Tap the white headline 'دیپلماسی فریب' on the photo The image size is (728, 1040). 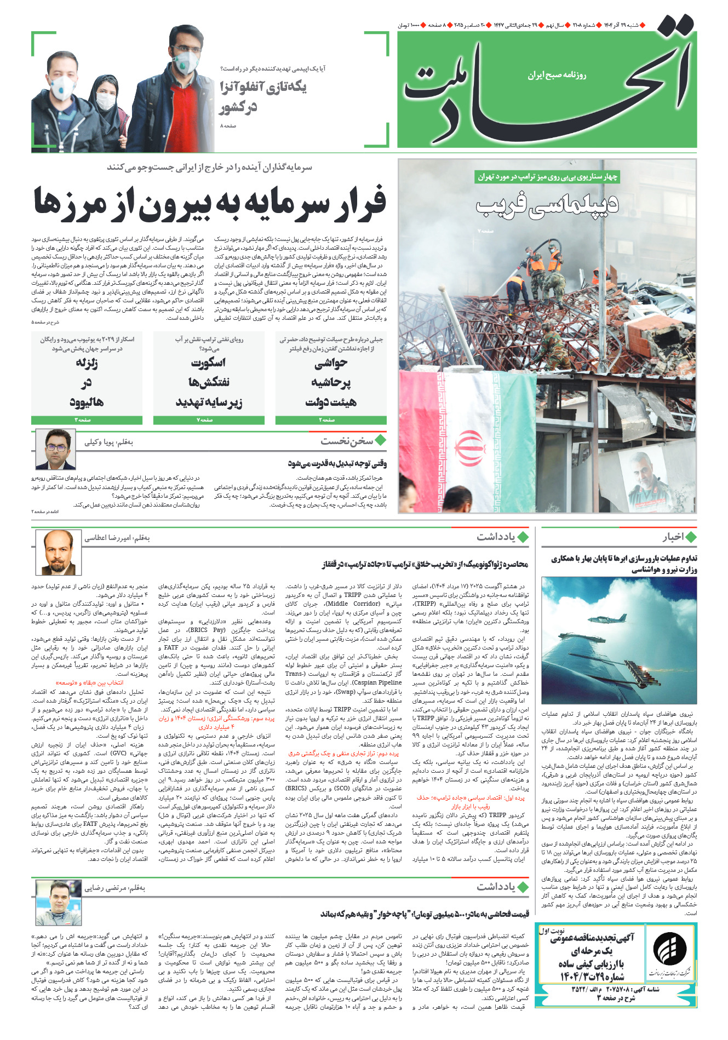[547, 204]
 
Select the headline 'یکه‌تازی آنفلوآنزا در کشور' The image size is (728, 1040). [263, 96]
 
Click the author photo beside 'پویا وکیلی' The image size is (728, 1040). [55, 450]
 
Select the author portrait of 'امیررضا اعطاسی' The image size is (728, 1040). [58, 552]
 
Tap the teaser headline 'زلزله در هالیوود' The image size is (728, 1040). [87, 382]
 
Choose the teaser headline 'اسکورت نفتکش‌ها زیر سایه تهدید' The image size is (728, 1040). [209, 382]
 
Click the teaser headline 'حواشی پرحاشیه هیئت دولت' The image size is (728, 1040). [331, 382]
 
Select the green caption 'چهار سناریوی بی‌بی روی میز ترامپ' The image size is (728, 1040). [547, 177]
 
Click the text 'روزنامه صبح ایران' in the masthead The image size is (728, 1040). [557, 75]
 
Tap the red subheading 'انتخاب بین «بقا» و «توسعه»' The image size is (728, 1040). [90, 683]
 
